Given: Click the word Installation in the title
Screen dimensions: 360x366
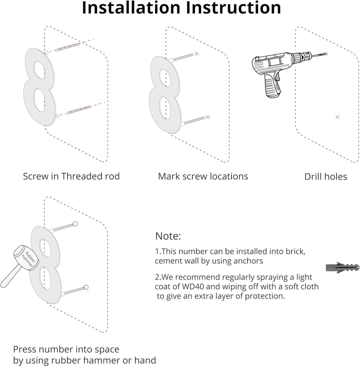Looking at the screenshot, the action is click(131, 8).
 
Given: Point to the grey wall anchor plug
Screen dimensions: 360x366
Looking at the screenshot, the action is click(342, 267).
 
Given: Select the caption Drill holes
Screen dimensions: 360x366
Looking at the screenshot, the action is click(325, 177).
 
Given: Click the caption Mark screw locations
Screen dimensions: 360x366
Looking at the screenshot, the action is click(203, 176).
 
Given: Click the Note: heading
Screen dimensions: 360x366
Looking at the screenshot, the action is click(168, 236).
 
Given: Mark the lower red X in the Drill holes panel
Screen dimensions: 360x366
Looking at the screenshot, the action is click(337, 117).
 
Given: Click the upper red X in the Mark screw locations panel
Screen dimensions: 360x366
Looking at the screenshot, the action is click(196, 54).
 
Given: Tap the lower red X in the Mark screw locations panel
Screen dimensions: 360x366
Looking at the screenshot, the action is click(207, 117).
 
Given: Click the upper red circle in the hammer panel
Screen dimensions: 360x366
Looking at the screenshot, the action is click(75, 224).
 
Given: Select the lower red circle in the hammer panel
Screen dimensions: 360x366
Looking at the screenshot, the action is click(86, 287).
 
